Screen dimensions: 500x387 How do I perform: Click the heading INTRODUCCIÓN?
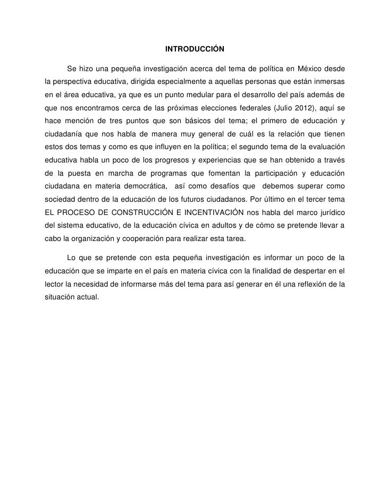click(195, 49)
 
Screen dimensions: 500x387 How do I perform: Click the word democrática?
click(140, 186)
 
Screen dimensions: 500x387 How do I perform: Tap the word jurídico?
click(329, 212)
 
